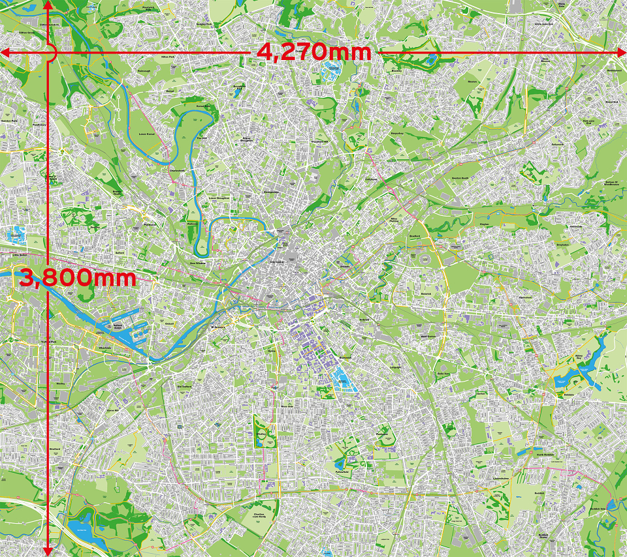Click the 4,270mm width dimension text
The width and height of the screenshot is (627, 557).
314,51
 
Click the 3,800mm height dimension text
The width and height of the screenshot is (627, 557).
78,278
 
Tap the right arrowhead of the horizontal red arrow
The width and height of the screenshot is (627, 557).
622,51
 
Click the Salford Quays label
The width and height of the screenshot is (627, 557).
118,325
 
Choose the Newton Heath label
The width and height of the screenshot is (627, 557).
462,177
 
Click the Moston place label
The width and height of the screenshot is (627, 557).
474,82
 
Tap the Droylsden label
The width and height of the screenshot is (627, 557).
563,245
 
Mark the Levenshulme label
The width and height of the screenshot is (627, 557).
502,478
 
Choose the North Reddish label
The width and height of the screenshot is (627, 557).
544,456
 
